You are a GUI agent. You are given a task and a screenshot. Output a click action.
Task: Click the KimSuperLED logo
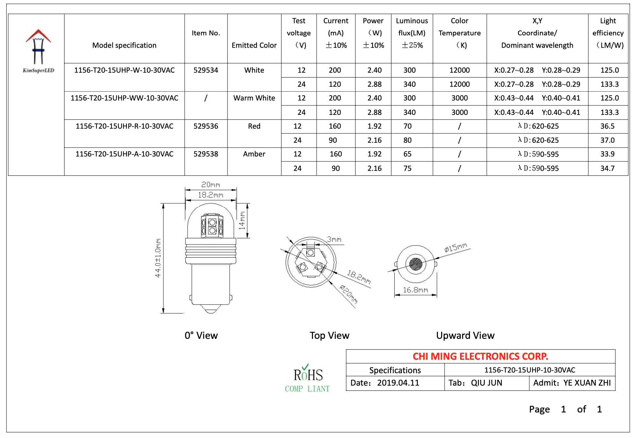click(x=38, y=51)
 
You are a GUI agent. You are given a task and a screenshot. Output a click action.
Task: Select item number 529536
click(x=206, y=126)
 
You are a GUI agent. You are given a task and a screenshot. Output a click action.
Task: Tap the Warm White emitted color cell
click(x=254, y=98)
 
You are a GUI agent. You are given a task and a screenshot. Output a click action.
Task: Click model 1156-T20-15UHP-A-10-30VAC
click(x=124, y=154)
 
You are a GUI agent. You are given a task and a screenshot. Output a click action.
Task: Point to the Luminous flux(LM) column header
click(x=412, y=33)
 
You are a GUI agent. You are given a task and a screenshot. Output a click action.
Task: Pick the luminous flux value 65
click(x=407, y=154)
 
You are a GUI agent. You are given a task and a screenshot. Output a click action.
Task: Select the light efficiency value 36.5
click(x=607, y=126)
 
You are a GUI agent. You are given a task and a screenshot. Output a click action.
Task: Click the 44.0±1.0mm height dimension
click(x=158, y=258)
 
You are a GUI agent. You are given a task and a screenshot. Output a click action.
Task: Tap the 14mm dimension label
click(x=242, y=220)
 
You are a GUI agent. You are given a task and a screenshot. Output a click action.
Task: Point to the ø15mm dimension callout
click(x=455, y=247)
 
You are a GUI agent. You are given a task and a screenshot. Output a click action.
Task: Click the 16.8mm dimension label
click(x=415, y=290)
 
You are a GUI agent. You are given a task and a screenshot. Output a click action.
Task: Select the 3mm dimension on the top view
click(x=334, y=240)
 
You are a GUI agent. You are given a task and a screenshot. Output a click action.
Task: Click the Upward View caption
click(x=465, y=336)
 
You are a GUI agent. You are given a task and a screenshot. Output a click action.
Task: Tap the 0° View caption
click(x=201, y=336)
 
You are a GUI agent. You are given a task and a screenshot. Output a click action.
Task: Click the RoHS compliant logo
click(x=307, y=378)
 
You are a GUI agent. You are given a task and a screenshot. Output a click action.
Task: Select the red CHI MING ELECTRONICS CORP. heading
click(x=480, y=356)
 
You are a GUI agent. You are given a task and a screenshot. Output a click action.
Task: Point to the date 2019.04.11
click(x=398, y=383)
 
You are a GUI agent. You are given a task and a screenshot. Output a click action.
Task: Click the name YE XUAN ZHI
click(x=587, y=383)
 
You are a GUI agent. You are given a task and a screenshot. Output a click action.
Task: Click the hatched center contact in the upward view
click(x=416, y=264)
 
